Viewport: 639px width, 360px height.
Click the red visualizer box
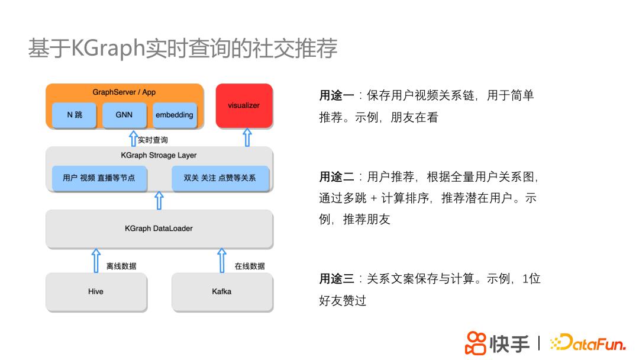tap(244, 105)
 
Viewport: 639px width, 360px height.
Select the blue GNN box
tap(124, 115)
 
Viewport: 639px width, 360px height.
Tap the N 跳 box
tap(75, 115)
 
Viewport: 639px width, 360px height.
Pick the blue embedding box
tap(174, 115)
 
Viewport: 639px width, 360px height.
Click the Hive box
tap(96, 291)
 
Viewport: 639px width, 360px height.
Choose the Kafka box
tap(222, 291)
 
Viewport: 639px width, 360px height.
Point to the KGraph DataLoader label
tap(159, 228)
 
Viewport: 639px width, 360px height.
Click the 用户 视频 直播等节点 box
tap(99, 178)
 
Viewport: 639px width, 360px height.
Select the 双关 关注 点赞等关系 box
tap(220, 178)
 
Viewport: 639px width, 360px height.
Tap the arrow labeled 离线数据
tap(96, 261)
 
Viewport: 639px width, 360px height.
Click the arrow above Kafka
tap(222, 261)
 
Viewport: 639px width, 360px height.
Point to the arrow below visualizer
tap(247, 137)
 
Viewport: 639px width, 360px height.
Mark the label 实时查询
tap(153, 140)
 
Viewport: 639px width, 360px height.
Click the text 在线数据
tap(250, 266)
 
